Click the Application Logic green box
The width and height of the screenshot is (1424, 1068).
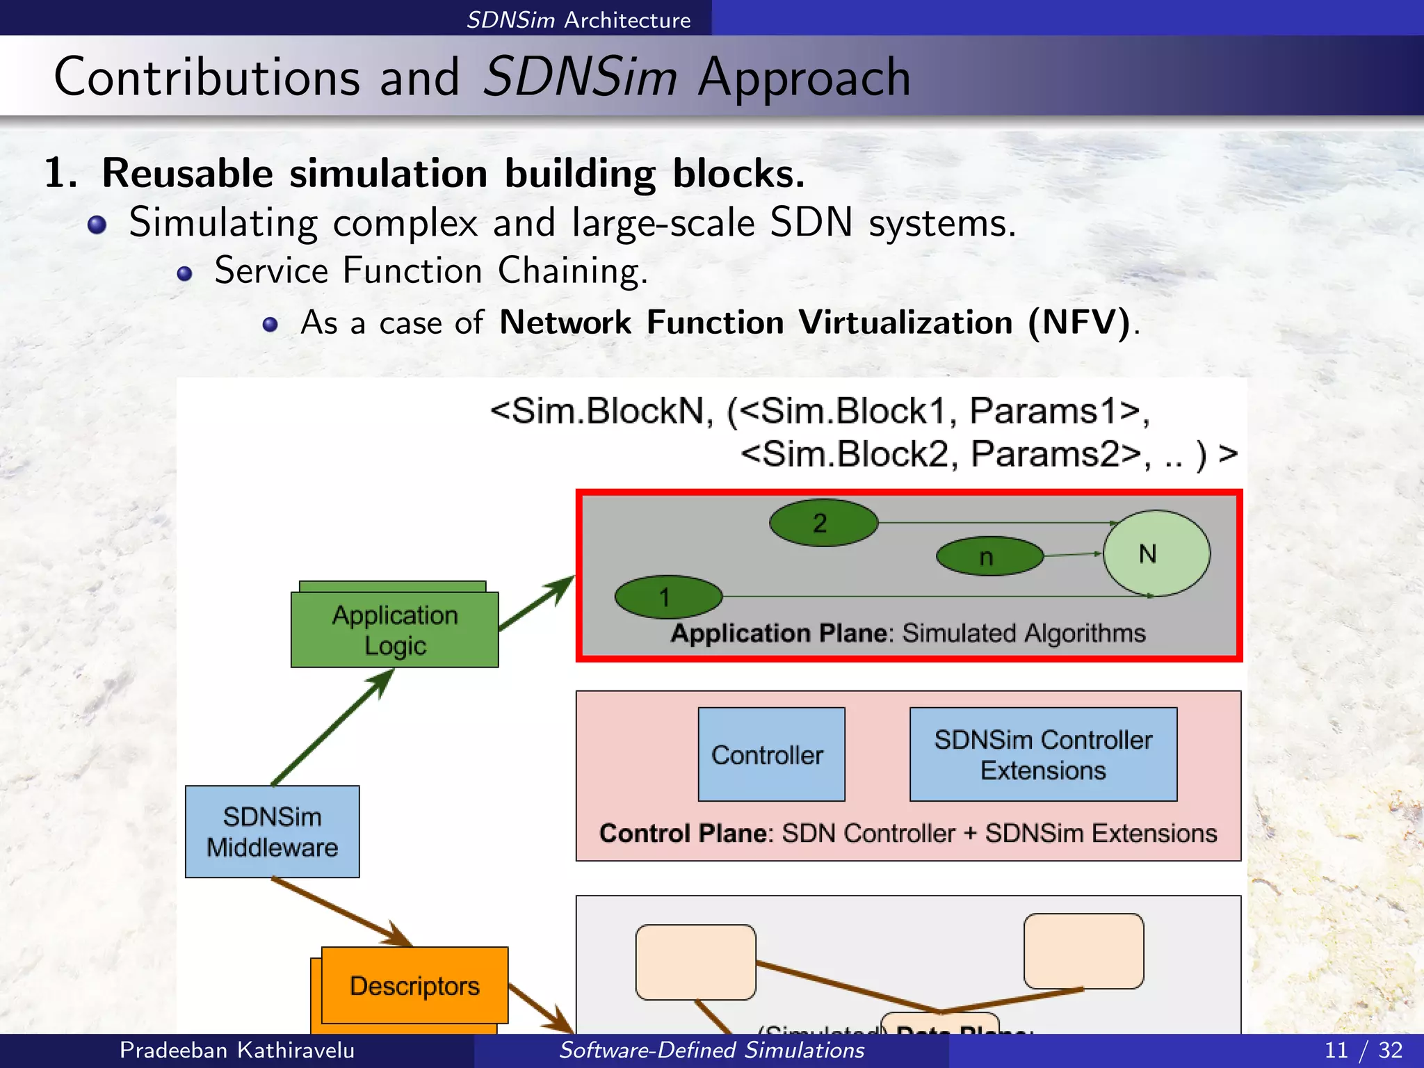click(394, 629)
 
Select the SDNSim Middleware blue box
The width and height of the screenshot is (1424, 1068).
click(272, 832)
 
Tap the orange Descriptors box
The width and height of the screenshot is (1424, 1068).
click(414, 985)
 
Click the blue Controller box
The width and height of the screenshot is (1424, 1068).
click(771, 754)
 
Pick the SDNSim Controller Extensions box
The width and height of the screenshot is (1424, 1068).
click(1043, 754)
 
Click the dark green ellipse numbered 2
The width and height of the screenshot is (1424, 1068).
click(823, 523)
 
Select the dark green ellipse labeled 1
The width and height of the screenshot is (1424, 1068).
click(668, 597)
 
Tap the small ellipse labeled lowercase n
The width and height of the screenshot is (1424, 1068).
click(989, 556)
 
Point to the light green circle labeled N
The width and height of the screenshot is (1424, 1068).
click(1156, 553)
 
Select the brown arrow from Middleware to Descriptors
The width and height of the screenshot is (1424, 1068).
click(341, 912)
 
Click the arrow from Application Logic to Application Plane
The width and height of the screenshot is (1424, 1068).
click(535, 604)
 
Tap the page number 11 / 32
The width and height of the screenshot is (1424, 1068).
click(1363, 1050)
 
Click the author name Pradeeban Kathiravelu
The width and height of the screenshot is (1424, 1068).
click(236, 1050)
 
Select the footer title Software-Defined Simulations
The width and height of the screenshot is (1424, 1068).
click(711, 1050)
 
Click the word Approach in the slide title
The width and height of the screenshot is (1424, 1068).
click(804, 77)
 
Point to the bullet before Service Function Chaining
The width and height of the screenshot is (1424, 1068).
click(184, 273)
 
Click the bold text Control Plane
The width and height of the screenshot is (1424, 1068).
click(685, 833)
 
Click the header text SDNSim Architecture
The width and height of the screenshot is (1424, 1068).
click(578, 19)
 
